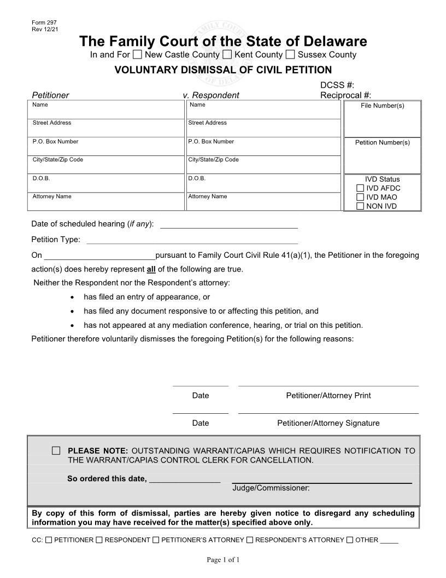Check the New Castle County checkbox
coord(138,54)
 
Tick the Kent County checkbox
coord(227,54)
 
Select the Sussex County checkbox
coord(291,54)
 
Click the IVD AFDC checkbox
coord(360,188)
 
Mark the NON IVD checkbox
coord(360,206)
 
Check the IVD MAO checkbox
coord(360,197)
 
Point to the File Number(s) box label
coord(383,106)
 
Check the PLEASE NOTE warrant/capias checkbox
coord(56,450)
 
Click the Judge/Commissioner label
coord(271,488)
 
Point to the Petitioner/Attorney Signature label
coord(328,423)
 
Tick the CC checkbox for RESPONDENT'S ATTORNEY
coord(250,540)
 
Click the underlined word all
coord(151,269)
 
